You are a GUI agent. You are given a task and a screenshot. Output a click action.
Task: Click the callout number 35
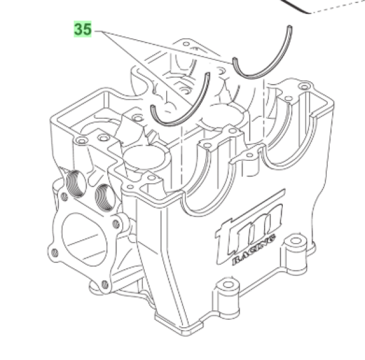tap(83, 29)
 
